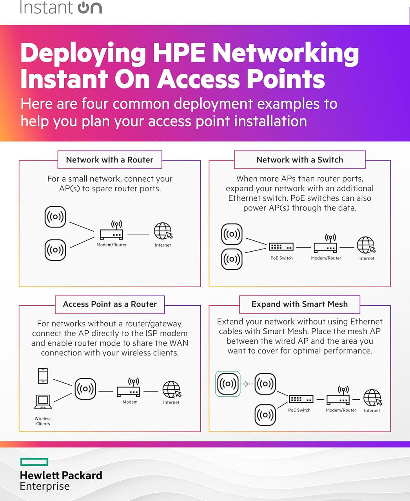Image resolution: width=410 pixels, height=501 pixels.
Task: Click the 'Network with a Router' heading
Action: (x=109, y=160)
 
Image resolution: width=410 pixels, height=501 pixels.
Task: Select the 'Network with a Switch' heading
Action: (x=299, y=160)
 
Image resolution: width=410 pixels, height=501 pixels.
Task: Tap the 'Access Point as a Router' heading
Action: (x=109, y=304)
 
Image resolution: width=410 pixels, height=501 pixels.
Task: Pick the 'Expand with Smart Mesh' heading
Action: (x=299, y=304)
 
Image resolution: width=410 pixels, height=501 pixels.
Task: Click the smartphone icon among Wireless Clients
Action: (x=43, y=376)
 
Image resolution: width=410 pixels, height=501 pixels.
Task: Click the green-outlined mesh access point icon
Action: (x=228, y=384)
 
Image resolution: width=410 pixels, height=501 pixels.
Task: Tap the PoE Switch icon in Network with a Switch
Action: (x=281, y=247)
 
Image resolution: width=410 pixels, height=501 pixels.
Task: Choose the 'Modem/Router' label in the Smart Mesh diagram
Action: (x=341, y=410)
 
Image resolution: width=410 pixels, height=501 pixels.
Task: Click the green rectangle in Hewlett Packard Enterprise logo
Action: (x=34, y=462)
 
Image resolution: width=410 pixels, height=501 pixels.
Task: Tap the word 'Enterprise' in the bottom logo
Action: (x=45, y=487)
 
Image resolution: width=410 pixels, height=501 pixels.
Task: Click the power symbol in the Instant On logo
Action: (x=84, y=8)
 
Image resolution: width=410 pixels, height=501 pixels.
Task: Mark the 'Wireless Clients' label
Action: (x=43, y=421)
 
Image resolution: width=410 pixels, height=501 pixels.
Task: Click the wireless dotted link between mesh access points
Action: (x=247, y=384)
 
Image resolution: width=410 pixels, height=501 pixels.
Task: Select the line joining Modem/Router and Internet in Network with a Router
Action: (x=138, y=234)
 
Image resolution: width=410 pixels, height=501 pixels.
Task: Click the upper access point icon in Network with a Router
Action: (x=55, y=216)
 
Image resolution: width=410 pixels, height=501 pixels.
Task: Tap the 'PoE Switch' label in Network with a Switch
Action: (x=281, y=258)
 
